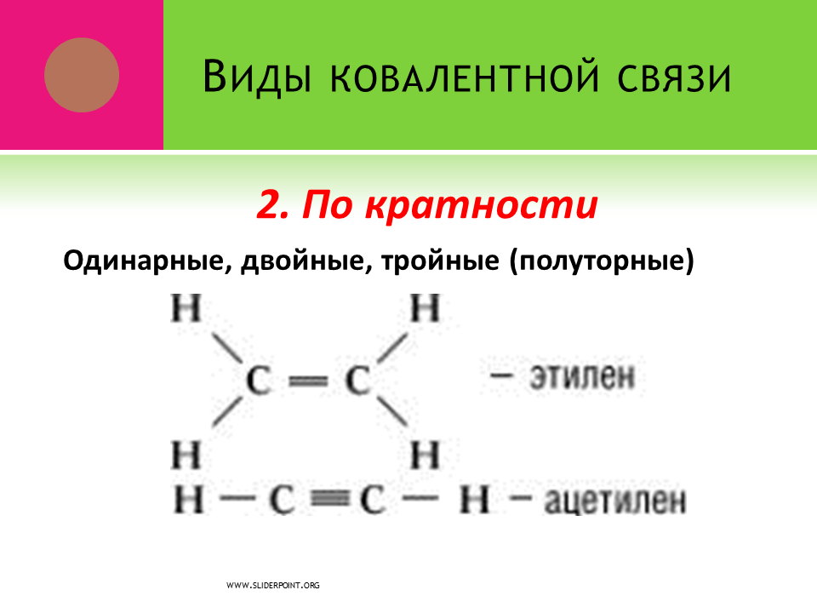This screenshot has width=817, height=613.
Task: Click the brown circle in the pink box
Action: tap(82, 75)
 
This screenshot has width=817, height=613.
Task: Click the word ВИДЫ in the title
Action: tap(257, 77)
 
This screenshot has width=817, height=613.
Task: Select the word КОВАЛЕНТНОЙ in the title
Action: tap(465, 77)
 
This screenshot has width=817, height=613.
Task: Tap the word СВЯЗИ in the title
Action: tap(675, 78)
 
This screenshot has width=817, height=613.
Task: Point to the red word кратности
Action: tap(481, 204)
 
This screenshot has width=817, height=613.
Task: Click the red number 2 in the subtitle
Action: tap(272, 204)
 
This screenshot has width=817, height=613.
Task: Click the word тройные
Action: tap(440, 261)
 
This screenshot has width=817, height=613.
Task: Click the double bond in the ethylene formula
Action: tap(308, 382)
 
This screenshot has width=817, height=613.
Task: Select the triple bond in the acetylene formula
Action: tap(330, 500)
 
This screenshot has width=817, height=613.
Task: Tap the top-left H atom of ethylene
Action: tap(186, 308)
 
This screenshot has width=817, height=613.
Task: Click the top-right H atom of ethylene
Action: tap(426, 308)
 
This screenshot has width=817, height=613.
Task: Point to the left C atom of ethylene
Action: tap(259, 381)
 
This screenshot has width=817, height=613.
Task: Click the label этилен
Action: tap(582, 376)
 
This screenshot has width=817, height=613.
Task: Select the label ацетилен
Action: tap(614, 501)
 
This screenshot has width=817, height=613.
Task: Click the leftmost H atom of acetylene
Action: tap(188, 500)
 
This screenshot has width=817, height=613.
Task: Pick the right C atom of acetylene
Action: tap(372, 500)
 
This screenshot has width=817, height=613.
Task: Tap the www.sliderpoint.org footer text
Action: tap(273, 586)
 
